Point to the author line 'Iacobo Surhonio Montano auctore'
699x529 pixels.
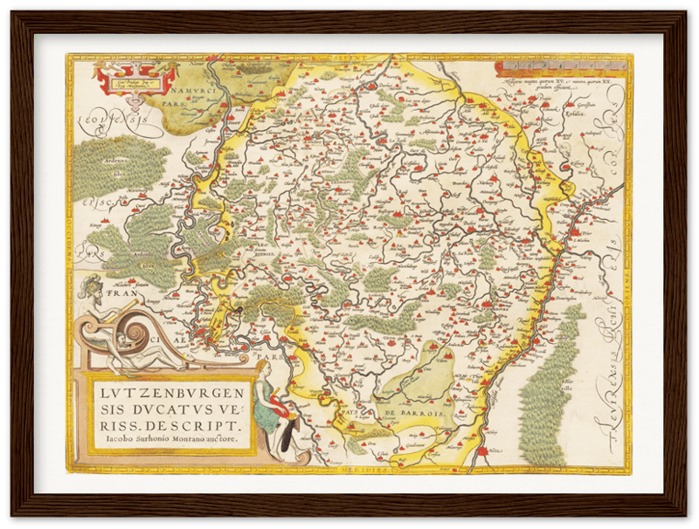pos(167,442)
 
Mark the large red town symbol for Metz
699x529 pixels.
pos(481,453)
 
